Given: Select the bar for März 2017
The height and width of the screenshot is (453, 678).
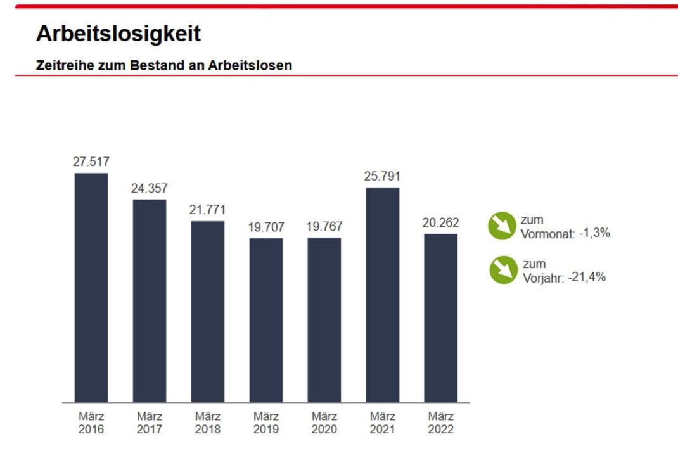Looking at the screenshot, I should tap(149, 300).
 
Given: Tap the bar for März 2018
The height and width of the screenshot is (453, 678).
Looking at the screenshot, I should tap(207, 311).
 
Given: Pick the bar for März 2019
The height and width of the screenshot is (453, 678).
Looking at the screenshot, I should tap(265, 320).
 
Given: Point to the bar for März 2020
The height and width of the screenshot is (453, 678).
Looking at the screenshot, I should tap(324, 320).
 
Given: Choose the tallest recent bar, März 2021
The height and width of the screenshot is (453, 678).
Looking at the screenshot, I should tap(382, 295).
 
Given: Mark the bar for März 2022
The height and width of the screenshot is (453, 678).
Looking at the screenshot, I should tap(440, 317).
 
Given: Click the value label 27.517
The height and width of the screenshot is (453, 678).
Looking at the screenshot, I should tap(91, 162).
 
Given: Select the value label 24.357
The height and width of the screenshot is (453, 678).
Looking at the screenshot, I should tap(149, 188).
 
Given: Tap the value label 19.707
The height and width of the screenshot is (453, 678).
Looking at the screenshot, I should tap(265, 227).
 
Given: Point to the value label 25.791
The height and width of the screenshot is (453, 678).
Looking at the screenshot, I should tap(382, 176).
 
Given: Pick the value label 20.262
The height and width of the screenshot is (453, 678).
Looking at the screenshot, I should tap(440, 223).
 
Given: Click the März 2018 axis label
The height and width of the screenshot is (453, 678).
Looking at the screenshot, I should tap(207, 423).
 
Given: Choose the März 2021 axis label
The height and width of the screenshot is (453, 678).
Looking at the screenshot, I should tap(382, 423).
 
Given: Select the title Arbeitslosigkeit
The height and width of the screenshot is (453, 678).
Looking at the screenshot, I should tap(118, 34).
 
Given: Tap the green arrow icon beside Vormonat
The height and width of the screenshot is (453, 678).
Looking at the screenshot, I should tap(502, 226).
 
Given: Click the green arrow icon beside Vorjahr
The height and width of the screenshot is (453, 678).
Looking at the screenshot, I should tap(504, 270).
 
